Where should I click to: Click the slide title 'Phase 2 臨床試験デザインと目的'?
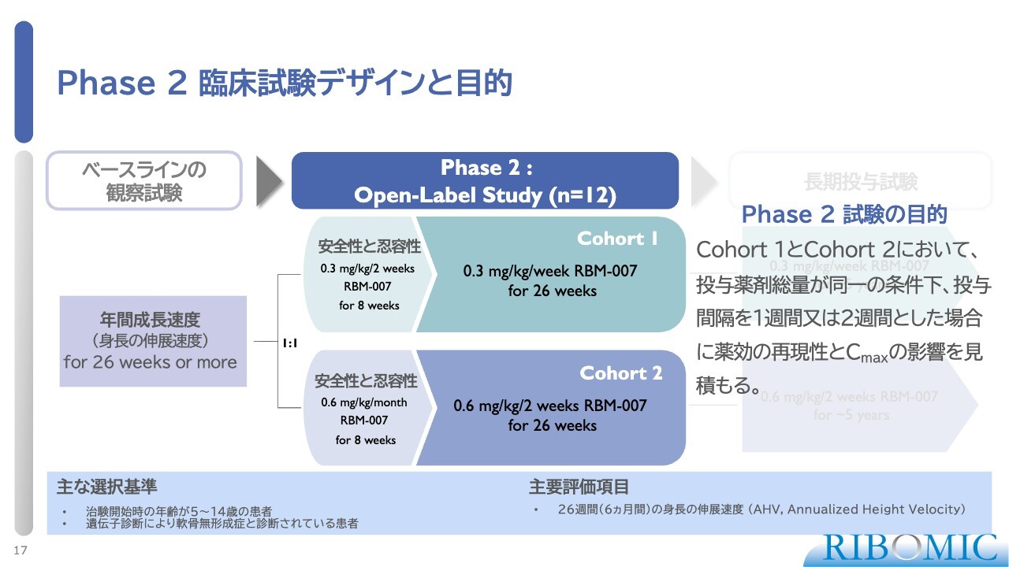tap(285, 83)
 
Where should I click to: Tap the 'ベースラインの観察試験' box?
tap(144, 181)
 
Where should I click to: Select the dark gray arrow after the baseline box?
tap(270, 182)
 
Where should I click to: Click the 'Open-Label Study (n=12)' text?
tap(485, 195)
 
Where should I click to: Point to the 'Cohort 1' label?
tap(617, 239)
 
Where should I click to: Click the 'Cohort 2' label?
tap(621, 373)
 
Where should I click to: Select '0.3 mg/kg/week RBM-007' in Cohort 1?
tap(550, 272)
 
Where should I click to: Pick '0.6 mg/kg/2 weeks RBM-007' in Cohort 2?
tap(550, 406)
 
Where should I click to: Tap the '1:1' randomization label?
tap(290, 343)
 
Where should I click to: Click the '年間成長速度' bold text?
tap(150, 321)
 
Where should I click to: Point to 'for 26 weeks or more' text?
tap(150, 363)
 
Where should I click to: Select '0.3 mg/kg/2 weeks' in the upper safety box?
tap(367, 269)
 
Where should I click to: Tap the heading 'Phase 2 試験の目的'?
tap(844, 214)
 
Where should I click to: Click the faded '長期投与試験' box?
tap(860, 181)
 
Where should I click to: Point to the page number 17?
tap(20, 550)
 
